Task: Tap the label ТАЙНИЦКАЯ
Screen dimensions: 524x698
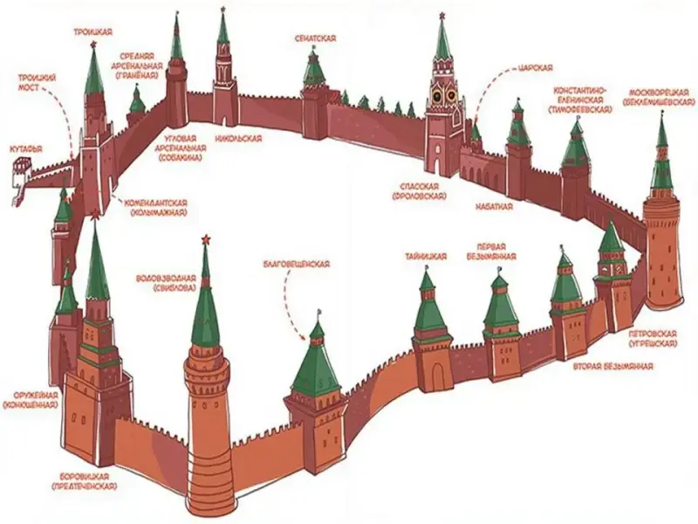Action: click(x=426, y=256)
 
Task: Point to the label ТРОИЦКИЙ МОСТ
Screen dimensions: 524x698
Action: click(x=38, y=84)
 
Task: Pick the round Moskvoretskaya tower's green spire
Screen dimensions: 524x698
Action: click(x=661, y=162)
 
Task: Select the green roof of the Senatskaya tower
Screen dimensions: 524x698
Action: click(x=313, y=69)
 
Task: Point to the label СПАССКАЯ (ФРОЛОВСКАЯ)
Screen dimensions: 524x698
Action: click(x=421, y=192)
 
